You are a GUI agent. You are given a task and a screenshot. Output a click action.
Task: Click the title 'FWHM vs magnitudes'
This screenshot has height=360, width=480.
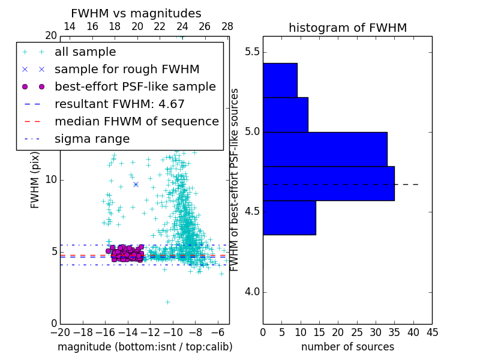[x=136, y=13]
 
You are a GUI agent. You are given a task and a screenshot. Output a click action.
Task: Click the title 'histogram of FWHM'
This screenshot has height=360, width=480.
[x=347, y=28]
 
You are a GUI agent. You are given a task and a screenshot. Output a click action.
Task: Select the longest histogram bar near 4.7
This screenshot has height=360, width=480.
[x=328, y=183]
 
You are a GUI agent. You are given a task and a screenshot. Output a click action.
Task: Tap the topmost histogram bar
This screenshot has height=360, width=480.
[x=280, y=80]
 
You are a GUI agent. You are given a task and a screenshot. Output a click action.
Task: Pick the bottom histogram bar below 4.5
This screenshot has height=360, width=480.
[x=289, y=217]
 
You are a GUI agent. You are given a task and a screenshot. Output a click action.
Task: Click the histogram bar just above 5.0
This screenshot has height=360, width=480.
[x=285, y=114]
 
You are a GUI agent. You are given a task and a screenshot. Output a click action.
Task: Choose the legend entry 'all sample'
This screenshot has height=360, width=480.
[x=85, y=52]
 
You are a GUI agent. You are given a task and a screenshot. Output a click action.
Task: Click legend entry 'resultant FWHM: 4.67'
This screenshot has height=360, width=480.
[x=119, y=104]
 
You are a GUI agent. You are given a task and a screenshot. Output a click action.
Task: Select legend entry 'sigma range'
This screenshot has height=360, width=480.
[x=92, y=139]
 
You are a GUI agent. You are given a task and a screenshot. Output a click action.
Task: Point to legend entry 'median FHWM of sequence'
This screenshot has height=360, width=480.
[x=136, y=121]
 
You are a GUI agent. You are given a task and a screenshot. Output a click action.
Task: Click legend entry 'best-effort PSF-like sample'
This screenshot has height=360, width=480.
[x=135, y=86]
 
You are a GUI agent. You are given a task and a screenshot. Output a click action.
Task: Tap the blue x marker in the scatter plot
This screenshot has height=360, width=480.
[x=136, y=184]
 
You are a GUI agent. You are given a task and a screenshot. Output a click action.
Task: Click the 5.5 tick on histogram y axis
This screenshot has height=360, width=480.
[x=252, y=52]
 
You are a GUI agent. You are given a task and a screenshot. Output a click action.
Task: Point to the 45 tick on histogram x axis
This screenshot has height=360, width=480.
[x=432, y=332]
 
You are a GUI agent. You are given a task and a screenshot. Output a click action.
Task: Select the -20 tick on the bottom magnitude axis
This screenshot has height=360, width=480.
[x=60, y=332]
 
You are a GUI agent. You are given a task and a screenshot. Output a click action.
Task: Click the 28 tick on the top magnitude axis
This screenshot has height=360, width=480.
[x=227, y=26]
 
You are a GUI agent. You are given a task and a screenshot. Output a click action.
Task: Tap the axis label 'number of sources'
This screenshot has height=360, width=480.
[x=347, y=347]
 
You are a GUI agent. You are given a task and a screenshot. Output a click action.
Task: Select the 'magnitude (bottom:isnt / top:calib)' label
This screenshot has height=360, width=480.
[x=145, y=347]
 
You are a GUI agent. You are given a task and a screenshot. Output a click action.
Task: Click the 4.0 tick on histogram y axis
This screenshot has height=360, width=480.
[x=252, y=292]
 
